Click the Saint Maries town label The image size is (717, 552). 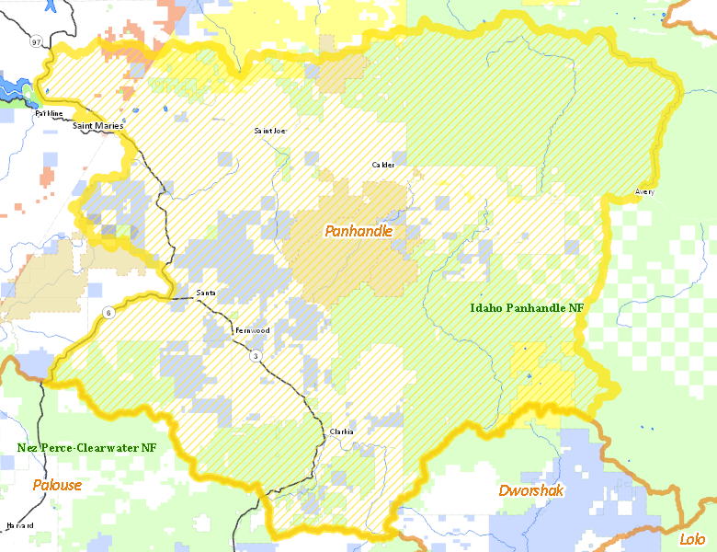98,125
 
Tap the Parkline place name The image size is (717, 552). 49,113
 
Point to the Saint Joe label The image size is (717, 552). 270,131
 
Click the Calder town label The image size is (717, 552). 382,165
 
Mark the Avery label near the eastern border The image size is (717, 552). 644,191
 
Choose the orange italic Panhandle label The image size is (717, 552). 358,231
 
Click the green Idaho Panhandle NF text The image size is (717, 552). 527,308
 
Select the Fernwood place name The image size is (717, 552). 252,329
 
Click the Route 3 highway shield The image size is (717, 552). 255,356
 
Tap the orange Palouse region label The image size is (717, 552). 57,485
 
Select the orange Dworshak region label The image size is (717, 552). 530,490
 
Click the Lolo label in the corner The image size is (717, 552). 691,539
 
